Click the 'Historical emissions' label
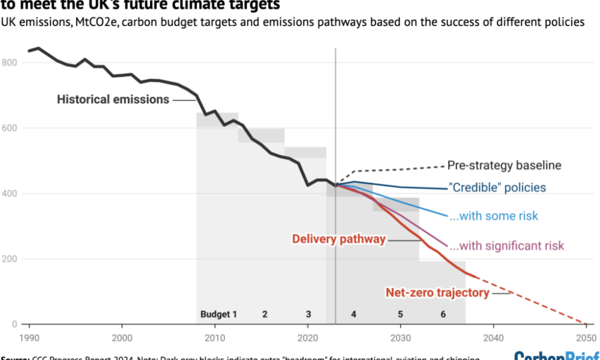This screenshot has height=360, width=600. (x=113, y=100)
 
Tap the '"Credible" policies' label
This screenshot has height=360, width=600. (x=497, y=188)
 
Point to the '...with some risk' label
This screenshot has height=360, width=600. (x=494, y=216)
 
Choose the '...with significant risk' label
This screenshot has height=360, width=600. (x=506, y=245)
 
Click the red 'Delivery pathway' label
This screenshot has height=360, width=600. (x=338, y=239)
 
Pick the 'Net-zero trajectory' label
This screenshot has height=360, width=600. (x=437, y=293)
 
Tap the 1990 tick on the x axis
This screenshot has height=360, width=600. (x=29, y=337)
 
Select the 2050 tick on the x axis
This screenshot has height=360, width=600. (x=586, y=337)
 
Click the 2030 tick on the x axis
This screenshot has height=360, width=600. (x=400, y=337)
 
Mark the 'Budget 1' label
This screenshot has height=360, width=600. (x=218, y=314)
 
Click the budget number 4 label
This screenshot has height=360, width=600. (x=354, y=314)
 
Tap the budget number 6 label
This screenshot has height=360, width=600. (x=443, y=314)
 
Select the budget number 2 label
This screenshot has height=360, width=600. (x=265, y=314)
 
